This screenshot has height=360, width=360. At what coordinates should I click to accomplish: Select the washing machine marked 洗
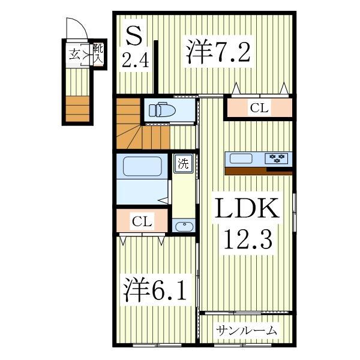point(182,164)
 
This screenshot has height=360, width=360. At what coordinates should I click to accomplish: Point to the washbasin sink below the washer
point(183,226)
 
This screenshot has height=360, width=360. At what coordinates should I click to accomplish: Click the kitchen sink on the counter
point(242,158)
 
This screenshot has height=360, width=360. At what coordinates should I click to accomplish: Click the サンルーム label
point(247,330)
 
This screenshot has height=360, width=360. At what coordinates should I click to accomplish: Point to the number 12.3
point(248,241)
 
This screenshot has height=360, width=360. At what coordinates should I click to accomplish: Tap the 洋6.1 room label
point(152,290)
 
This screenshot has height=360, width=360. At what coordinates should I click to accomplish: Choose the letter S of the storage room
point(133,35)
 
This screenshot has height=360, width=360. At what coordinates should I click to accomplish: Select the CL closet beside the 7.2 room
point(259,109)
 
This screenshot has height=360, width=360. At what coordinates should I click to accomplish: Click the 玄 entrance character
point(75,54)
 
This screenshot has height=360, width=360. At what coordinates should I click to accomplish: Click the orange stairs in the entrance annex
point(77,109)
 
